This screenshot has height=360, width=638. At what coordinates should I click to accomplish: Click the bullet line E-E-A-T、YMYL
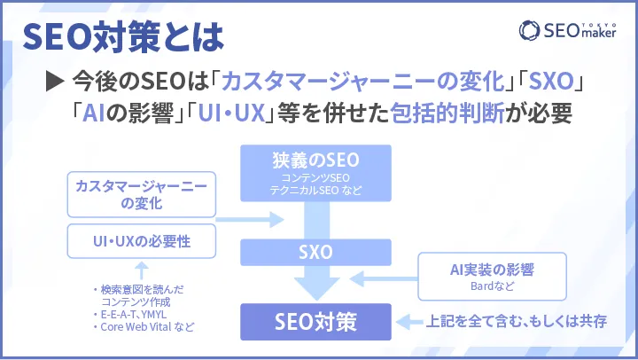(x=135, y=314)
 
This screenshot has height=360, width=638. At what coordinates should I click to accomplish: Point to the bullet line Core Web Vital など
(x=142, y=327)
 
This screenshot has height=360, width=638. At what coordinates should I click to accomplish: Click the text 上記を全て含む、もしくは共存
(x=517, y=320)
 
